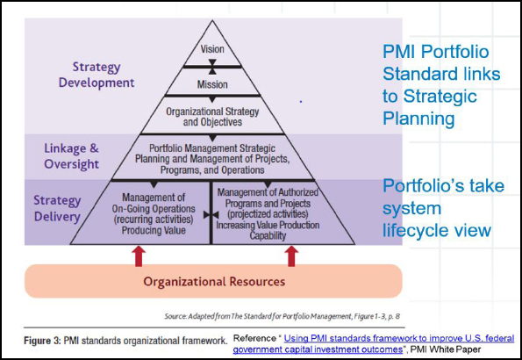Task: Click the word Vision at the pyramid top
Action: pos(212,49)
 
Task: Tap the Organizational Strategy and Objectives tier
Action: pos(212,116)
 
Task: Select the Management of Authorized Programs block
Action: pos(268,212)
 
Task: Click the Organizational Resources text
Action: pos(214,282)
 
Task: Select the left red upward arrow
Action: pos(139,256)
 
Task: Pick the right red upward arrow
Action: pos(291,256)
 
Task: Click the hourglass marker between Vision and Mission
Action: pos(212,67)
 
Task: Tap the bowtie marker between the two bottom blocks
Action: pos(207,213)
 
